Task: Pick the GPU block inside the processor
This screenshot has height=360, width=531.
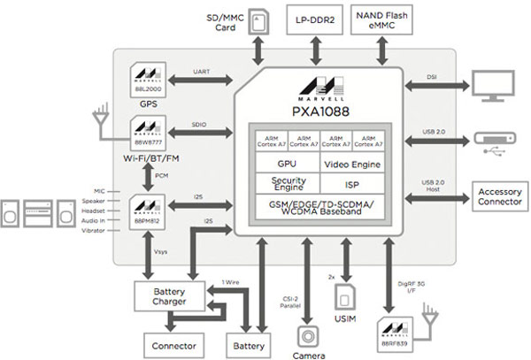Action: [x=286, y=164]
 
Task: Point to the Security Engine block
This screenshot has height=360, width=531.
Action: [x=286, y=183]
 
